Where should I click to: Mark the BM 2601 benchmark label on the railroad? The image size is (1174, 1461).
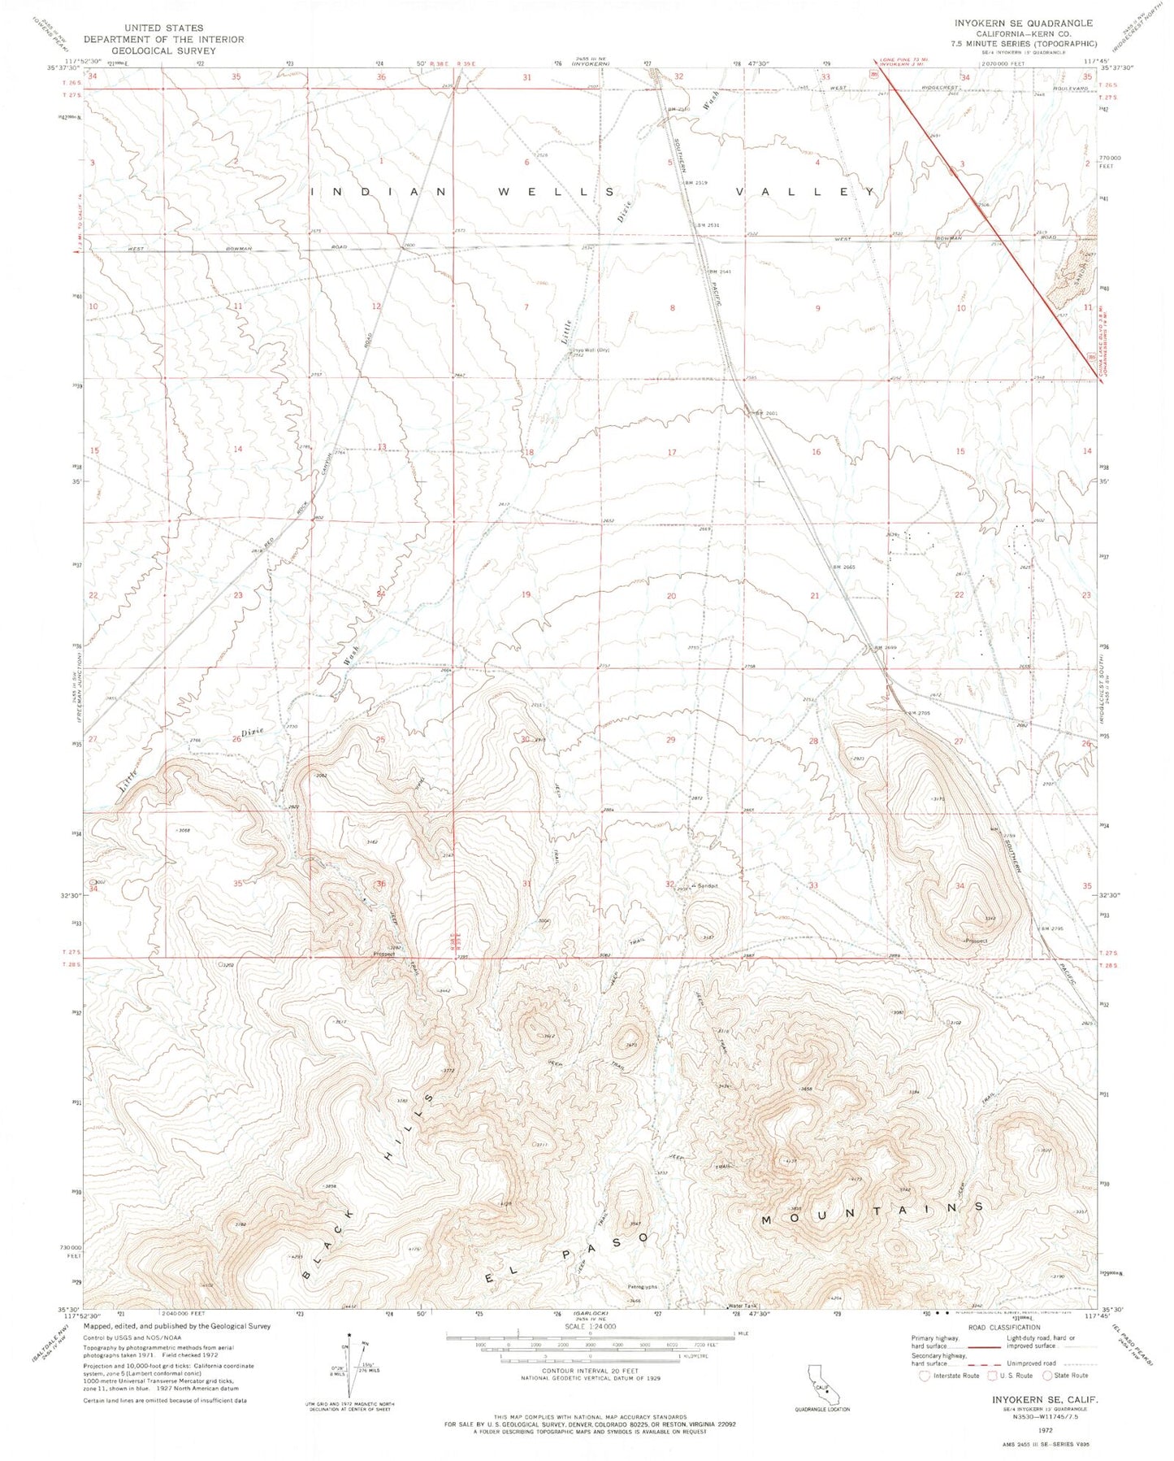(x=766, y=413)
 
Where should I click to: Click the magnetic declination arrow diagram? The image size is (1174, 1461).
(x=352, y=1371)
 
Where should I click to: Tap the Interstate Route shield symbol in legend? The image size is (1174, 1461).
(x=923, y=1376)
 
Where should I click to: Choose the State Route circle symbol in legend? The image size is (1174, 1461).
(x=1049, y=1376)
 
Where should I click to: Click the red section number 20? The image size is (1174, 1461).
(x=671, y=596)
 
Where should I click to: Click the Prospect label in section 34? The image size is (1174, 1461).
(x=974, y=941)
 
